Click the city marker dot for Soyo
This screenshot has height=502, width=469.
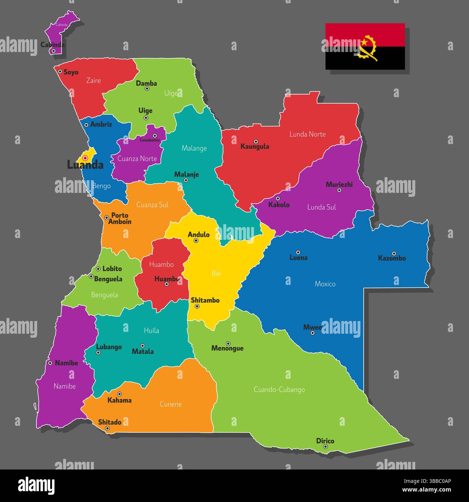[60, 72]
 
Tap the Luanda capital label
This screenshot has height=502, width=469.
[85, 165]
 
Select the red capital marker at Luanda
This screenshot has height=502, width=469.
[85, 158]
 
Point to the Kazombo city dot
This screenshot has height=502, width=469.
[394, 254]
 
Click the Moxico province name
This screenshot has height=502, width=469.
[325, 284]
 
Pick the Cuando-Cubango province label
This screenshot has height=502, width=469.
[279, 390]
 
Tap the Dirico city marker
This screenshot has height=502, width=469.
[325, 447]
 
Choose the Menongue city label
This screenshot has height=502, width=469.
[227, 349]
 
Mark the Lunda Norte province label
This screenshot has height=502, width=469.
[307, 134]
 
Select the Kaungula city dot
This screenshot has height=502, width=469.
[256, 141]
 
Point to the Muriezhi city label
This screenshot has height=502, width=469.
[339, 185]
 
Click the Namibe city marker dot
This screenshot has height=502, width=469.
[50, 363]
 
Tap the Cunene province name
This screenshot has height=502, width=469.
[171, 404]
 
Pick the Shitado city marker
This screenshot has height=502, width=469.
[107, 429]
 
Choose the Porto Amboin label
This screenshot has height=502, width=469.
[120, 218]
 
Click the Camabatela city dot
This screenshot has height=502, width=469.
[155, 136]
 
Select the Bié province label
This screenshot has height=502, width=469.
[216, 274]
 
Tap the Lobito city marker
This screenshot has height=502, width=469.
[98, 269]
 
